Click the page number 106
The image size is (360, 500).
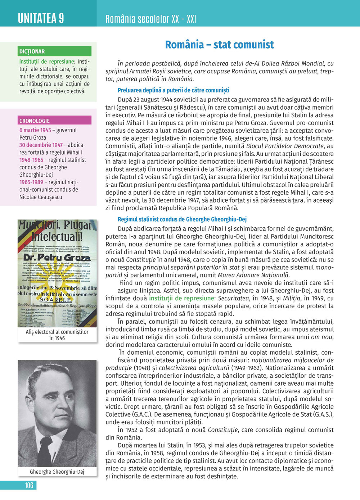tap(29, 485)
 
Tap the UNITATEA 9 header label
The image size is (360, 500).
tap(41, 18)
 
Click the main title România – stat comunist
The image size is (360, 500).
tap(219, 45)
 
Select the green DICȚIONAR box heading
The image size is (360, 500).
tap(32, 51)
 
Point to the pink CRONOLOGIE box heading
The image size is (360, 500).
tap(35, 121)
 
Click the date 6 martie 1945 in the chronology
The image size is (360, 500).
tap(35, 130)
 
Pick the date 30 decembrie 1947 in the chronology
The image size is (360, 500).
tap(41, 145)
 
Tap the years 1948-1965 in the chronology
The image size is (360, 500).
tap(31, 160)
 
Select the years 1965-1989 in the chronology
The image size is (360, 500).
tap(31, 182)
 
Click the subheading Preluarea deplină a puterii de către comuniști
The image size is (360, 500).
tap(173, 90)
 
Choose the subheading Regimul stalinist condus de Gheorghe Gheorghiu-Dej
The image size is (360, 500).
tap(182, 219)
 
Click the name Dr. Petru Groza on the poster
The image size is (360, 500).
tap(57, 257)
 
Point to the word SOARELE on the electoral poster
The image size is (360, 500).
tap(55, 299)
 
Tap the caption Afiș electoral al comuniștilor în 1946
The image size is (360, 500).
tap(57, 335)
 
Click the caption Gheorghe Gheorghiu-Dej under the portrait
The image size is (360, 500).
tap(57, 472)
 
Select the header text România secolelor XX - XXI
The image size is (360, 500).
tap(150, 19)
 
